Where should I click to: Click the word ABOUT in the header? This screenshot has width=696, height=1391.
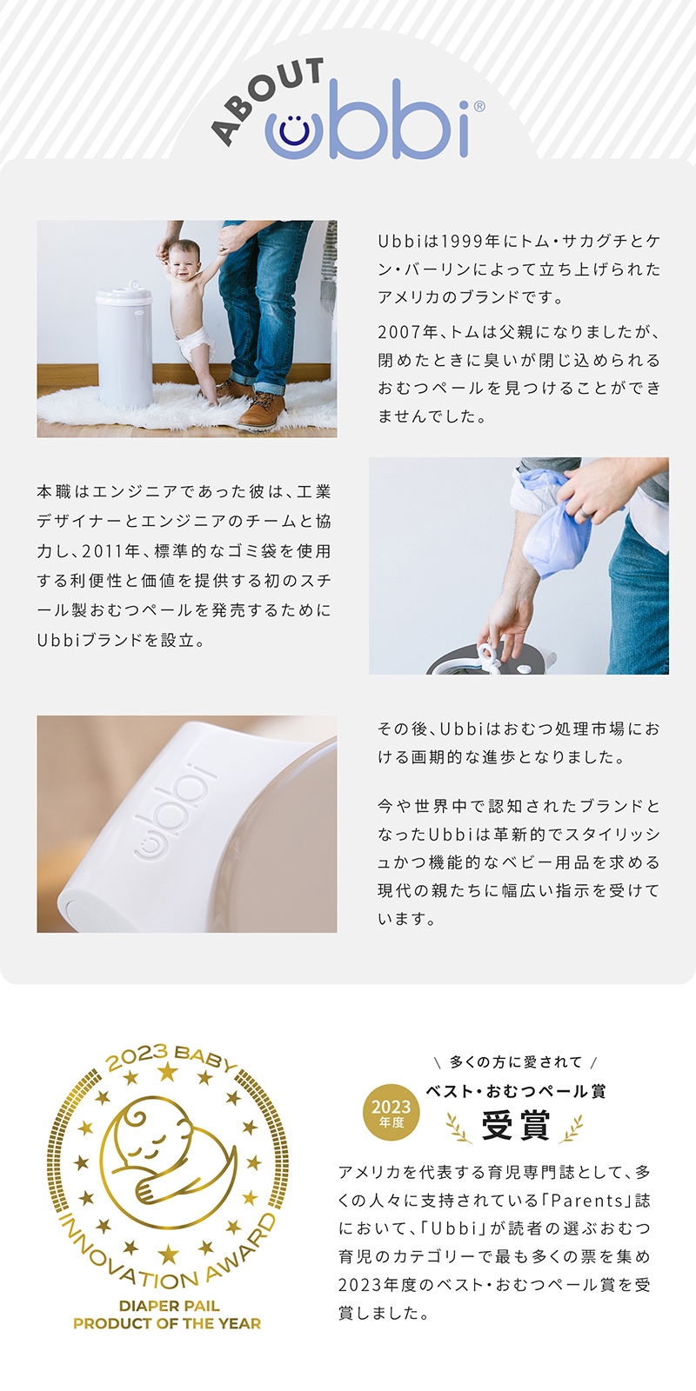point(267,99)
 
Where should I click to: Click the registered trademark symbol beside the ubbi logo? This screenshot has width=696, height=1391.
point(479,106)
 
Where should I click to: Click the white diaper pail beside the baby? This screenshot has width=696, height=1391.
point(124,347)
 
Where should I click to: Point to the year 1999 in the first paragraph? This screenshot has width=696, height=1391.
point(462,241)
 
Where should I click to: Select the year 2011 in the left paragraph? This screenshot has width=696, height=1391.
point(103,551)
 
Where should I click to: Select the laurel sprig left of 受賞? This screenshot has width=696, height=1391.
point(459,1127)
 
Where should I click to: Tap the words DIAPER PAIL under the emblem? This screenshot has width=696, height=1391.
point(169,1305)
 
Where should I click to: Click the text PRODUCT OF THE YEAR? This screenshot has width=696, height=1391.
point(167,1323)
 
